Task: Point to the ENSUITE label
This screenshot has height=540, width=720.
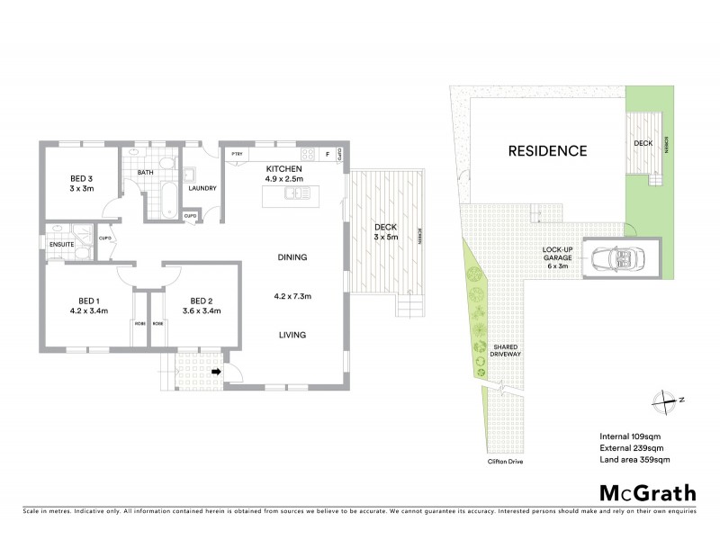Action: point(61,244)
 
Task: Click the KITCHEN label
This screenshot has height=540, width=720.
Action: point(283,169)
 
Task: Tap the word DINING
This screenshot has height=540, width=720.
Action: point(292,257)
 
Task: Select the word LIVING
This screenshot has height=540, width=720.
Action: point(292,335)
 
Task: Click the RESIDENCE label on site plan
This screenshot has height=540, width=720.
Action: point(547,151)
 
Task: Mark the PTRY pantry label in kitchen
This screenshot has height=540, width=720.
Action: point(238,155)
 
